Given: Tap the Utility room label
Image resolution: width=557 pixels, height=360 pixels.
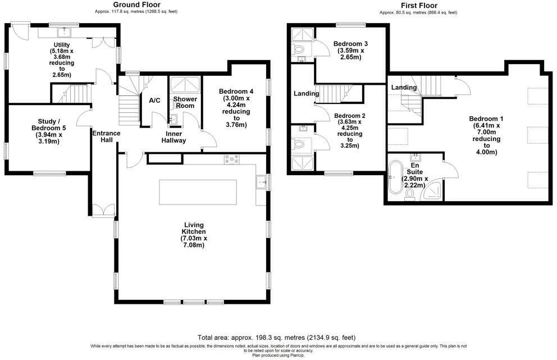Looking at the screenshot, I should coord(62,60).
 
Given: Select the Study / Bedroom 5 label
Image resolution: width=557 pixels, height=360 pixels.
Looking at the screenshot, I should coord(48,130).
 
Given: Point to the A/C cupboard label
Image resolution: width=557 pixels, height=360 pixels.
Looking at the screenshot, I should coord(154,101).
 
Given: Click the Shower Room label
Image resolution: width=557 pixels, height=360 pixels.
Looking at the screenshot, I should coord(184,103).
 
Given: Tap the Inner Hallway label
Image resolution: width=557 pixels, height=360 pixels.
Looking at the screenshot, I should coord(176,138).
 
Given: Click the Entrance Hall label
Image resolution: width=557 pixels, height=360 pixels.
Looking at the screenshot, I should coord(106,137).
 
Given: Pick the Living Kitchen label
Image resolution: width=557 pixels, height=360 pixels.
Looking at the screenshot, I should coord(194,235).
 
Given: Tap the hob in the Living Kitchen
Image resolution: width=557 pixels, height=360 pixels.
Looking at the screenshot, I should coord(231,159).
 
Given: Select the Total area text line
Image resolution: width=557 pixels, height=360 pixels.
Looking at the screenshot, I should coord(276,338).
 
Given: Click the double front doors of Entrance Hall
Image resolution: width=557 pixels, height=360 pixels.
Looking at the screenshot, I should coord(102,210).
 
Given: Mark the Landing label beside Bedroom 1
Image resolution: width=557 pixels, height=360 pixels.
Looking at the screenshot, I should coord(404,88).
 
